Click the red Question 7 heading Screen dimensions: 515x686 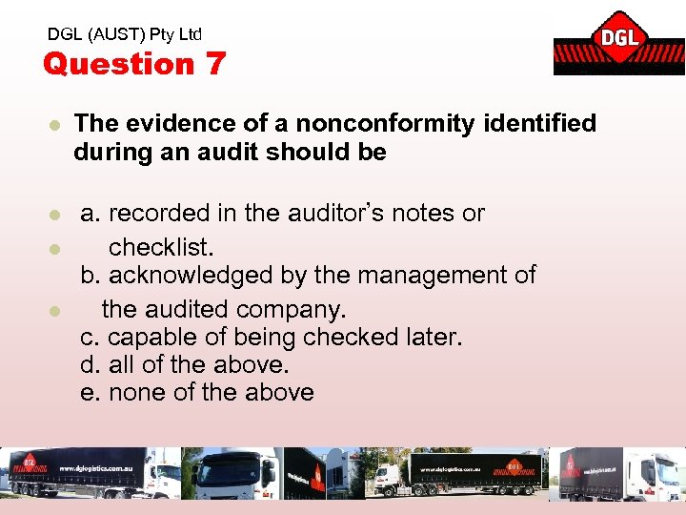click(134, 64)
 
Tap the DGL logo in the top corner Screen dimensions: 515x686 click(618, 43)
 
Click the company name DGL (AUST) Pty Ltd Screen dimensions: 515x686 click(125, 34)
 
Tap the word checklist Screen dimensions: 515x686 click(161, 247)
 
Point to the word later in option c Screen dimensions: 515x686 click(431, 337)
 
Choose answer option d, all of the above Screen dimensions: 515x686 click(185, 364)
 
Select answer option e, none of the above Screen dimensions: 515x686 click(197, 392)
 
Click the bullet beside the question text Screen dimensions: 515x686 click(55, 124)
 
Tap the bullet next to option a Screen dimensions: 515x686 click(55, 215)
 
